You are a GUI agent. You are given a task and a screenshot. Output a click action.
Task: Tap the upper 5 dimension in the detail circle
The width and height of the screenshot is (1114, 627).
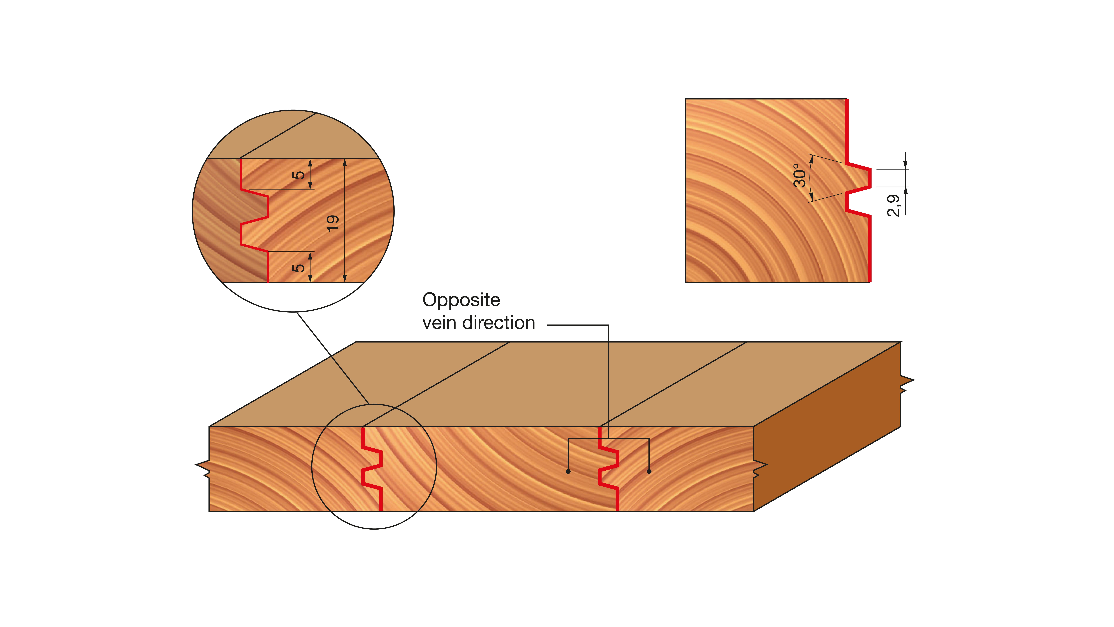coord(298,175)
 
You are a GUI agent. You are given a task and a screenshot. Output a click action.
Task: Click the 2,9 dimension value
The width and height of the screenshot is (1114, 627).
coord(893,205)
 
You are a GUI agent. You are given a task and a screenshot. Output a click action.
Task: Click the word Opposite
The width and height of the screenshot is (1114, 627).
coord(461,300)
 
